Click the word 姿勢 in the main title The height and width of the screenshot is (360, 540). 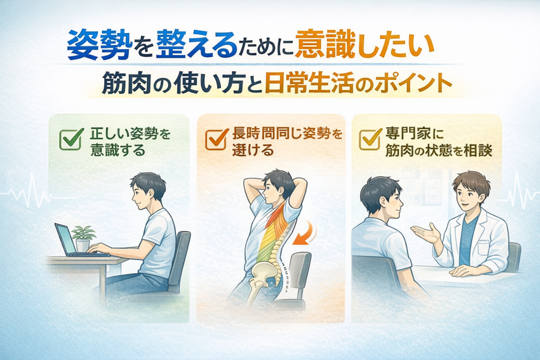point(100,45)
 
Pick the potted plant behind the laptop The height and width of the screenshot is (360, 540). point(83,238)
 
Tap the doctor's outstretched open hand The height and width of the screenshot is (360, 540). point(425,233)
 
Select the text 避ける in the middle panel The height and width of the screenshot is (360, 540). point(253,150)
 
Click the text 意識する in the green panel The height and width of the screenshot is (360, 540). point(118,150)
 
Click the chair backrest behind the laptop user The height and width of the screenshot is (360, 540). point(179,260)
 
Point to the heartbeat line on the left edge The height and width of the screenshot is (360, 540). point(26,191)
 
